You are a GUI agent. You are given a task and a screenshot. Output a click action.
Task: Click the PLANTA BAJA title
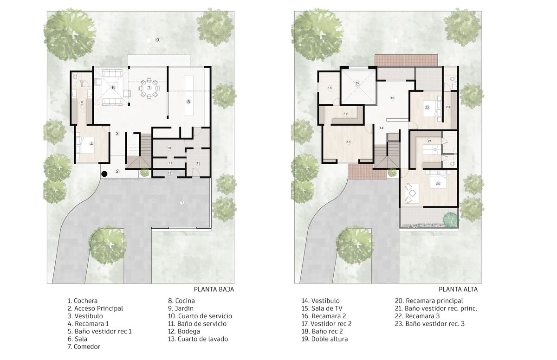click(214, 289)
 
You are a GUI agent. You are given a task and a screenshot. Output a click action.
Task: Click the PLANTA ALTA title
click(458, 289)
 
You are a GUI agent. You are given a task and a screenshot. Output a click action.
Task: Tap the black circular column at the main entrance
click(104, 174)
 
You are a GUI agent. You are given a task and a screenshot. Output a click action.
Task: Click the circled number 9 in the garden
click(157, 40)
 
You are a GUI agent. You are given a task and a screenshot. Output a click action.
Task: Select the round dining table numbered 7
click(149, 88)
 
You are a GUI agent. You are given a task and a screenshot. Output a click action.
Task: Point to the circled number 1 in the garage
click(182, 203)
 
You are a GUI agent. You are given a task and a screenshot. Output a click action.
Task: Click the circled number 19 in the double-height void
click(357, 83)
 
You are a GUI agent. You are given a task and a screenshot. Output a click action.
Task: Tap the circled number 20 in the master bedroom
click(438, 184)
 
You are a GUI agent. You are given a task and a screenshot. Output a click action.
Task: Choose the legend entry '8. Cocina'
click(181, 301)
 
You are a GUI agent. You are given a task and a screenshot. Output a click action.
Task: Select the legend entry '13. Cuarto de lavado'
click(198, 339)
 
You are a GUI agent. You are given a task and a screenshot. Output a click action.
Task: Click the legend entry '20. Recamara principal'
click(429, 301)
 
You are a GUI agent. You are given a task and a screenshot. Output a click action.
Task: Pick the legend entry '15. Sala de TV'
click(322, 309)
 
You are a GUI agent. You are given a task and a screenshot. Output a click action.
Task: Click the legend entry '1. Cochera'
click(83, 301)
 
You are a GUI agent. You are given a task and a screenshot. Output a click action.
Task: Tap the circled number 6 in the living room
click(113, 88)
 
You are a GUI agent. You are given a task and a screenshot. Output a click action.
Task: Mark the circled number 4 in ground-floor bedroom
click(91, 144)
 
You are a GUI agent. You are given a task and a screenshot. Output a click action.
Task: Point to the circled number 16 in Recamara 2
click(349, 142)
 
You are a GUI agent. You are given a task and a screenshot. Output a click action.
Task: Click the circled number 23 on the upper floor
click(448, 107)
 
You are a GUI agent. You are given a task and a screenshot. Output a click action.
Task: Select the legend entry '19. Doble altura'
click(325, 339)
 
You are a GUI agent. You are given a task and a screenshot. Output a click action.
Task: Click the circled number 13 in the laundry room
click(199, 163)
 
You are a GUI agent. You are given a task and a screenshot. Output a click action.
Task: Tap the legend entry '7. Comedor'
click(84, 347)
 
